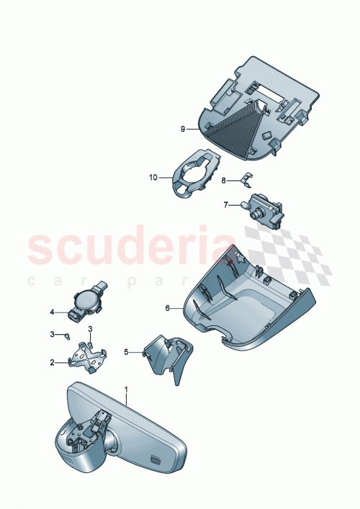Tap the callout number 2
tap(53, 362)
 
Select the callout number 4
tap(53, 312)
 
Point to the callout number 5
tap(125, 352)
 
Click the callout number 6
tap(168, 307)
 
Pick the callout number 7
tap(225, 205)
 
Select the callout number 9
tap(184, 128)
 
